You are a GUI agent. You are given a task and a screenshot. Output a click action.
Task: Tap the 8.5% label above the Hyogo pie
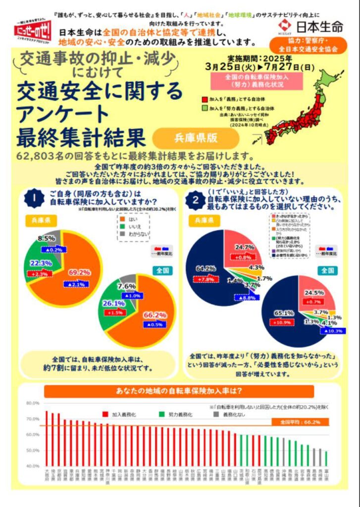point(47,238)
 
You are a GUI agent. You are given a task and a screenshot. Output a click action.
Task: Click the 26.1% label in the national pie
point(114,303)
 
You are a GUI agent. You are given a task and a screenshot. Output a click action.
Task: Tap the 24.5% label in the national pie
point(313,293)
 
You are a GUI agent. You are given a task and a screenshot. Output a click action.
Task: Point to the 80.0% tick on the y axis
point(32,403)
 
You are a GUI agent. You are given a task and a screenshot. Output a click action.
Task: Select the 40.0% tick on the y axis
point(32,466)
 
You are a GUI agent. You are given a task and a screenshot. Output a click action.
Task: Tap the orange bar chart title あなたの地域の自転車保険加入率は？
point(179,391)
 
